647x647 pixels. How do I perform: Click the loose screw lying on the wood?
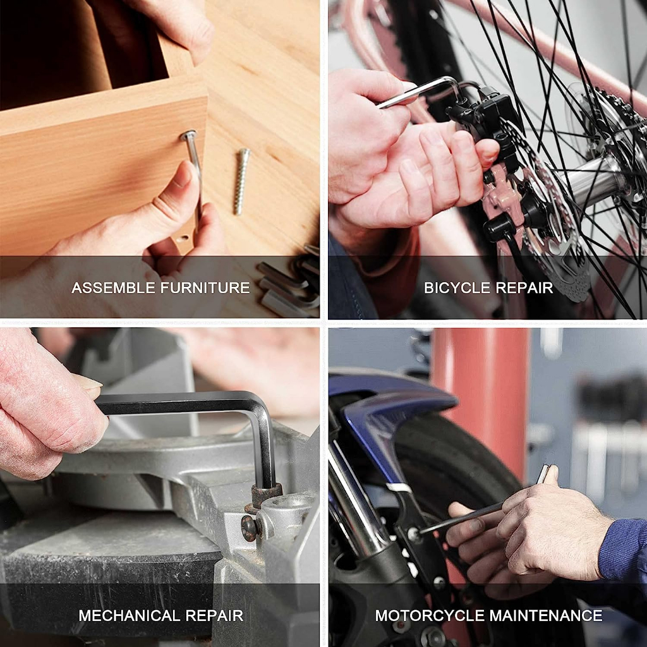(x=241, y=181)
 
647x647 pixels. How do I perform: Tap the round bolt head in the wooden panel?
(x=188, y=135)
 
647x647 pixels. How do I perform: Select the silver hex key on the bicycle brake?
(x=417, y=92)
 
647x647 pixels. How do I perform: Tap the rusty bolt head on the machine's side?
(x=249, y=528)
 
